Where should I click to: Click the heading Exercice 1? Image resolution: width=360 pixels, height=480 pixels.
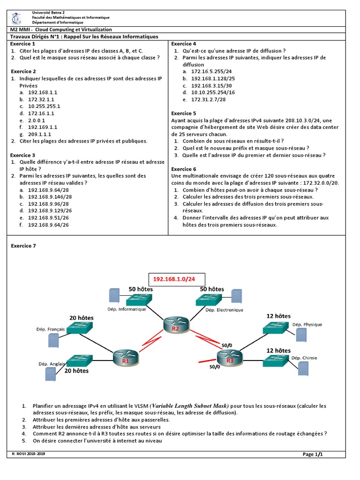[24, 44]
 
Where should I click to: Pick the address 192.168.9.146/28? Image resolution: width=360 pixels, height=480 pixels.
[50, 197]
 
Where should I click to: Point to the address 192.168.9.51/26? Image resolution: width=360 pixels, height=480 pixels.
[48, 218]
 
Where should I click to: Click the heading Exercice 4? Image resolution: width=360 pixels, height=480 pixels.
[184, 44]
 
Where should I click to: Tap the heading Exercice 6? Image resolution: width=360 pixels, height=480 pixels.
[184, 169]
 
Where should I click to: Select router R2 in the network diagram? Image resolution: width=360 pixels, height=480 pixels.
[176, 325]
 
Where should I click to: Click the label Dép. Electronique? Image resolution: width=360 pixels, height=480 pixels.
[224, 309]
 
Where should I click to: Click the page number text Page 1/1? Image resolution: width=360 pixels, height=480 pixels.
[313, 454]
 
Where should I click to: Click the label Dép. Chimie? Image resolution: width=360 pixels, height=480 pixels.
[304, 358]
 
